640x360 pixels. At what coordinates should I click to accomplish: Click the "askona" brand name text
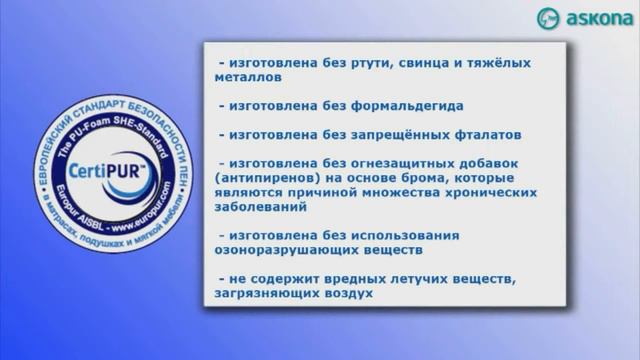597,19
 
